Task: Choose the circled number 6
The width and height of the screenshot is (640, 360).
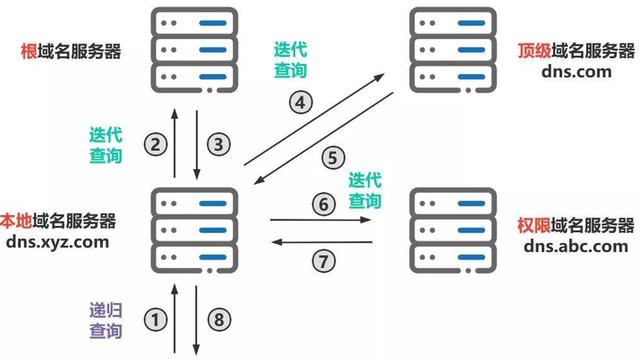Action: coord(320,203)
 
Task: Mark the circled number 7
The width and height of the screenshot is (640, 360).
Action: coord(320,261)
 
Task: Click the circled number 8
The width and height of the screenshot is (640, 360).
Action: coord(217,320)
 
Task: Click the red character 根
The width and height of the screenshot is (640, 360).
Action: coord(28,50)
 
